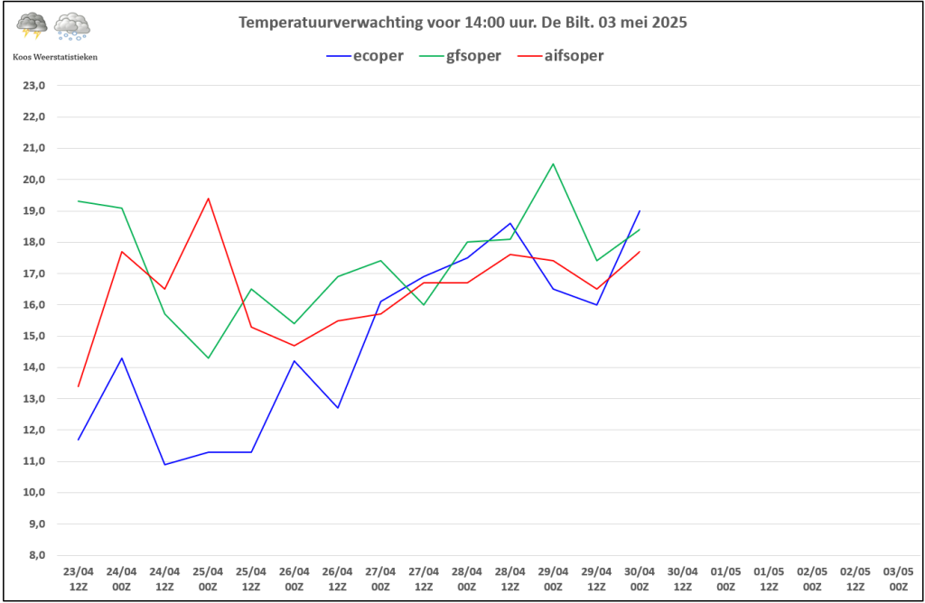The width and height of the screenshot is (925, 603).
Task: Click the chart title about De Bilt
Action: point(462,23)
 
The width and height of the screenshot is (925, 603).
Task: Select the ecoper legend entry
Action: point(366,56)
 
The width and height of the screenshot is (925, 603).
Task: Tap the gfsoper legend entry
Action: point(462,56)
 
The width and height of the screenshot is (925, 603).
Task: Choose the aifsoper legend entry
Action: point(561,56)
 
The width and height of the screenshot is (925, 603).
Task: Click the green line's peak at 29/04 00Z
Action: point(553,164)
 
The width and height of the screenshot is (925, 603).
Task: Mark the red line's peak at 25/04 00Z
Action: point(208,199)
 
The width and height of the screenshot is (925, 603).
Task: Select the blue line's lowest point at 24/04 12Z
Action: point(164,464)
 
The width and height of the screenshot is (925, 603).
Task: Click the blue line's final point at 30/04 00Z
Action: point(640,211)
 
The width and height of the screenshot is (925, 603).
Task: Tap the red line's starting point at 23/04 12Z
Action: point(79,386)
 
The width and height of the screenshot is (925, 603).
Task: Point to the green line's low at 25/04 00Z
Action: point(208,358)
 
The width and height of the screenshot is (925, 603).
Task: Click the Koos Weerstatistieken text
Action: point(55,56)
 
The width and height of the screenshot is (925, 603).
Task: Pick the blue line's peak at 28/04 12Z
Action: point(510,224)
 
